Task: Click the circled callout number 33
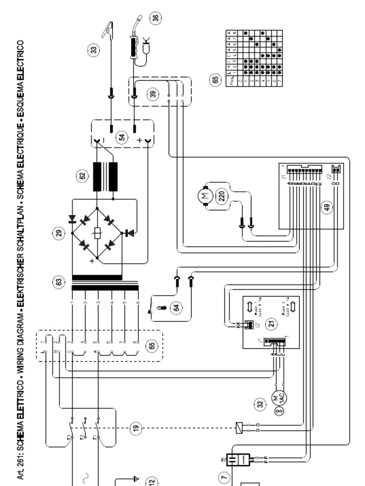[x=95, y=49]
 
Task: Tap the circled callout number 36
[x=155, y=18]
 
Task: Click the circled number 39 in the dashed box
[x=153, y=93]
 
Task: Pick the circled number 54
[x=123, y=137]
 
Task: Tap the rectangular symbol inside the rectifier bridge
[x=97, y=234]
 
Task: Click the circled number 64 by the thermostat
[x=177, y=308]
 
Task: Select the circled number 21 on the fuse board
[x=271, y=324]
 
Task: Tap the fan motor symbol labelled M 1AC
[x=279, y=395]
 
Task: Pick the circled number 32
[x=259, y=404]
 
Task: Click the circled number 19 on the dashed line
[x=136, y=428]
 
